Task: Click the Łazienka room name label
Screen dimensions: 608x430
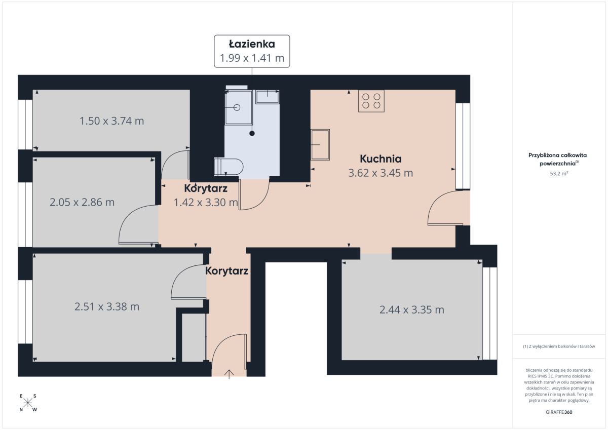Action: [252, 44]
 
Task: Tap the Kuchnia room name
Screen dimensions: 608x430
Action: [381, 159]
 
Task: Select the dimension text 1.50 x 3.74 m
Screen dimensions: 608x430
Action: [111, 121]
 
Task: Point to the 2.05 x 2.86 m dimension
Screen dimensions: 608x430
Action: [82, 203]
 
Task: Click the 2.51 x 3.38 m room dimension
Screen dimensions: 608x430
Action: [107, 307]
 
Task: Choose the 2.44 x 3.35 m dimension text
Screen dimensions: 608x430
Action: [412, 310]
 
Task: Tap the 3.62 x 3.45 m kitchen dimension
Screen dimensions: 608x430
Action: [381, 173]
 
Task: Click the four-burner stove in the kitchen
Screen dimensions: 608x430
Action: [371, 101]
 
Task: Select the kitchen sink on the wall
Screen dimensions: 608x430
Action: [320, 144]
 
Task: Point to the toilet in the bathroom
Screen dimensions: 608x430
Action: [229, 167]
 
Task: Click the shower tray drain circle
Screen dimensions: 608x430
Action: [237, 108]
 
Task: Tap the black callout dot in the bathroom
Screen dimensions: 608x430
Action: [252, 134]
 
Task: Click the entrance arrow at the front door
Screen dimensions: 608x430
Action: [229, 374]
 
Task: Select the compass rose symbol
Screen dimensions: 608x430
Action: [28, 403]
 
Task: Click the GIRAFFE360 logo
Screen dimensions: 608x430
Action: [559, 412]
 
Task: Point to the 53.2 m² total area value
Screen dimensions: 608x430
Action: [559, 174]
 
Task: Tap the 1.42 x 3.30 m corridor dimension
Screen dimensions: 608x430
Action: [206, 203]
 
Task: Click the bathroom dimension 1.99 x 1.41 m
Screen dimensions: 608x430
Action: [252, 58]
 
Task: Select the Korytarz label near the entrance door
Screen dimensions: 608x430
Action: [226, 271]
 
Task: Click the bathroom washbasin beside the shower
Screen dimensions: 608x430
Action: [268, 97]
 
